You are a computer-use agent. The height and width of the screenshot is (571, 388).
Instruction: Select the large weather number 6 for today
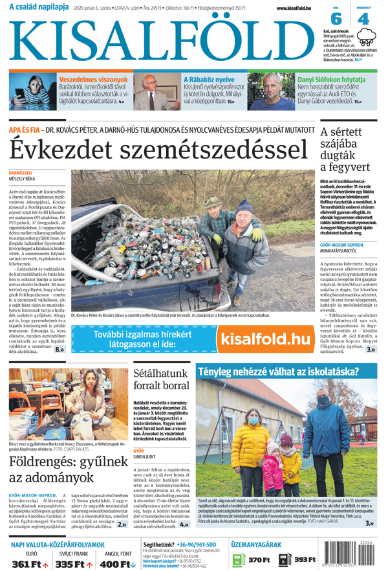point(336,19)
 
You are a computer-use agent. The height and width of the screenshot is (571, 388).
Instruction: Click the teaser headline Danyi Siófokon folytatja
point(331,80)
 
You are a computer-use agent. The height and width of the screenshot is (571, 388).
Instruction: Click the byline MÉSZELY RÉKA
point(22,181)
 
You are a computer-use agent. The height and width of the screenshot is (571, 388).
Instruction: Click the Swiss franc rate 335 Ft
point(70,563)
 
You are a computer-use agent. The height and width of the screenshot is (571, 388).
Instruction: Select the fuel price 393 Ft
point(304,559)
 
